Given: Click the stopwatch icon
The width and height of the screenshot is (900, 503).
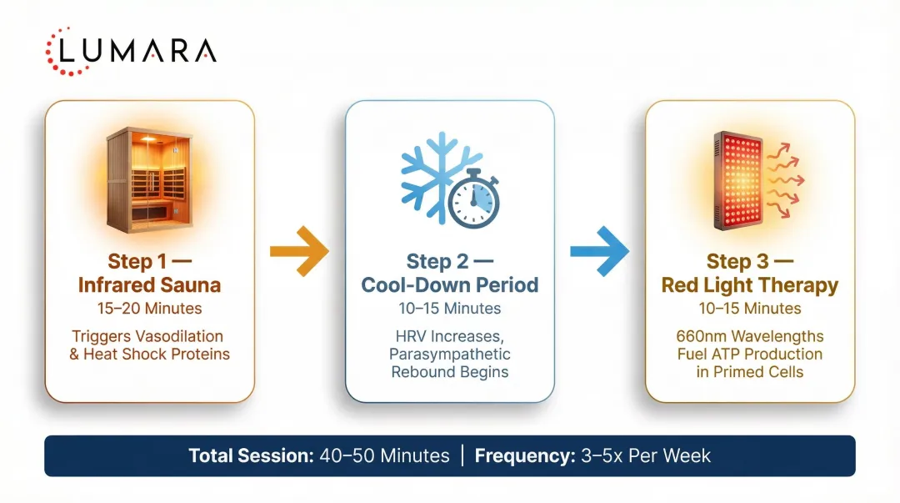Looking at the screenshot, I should point(472,199).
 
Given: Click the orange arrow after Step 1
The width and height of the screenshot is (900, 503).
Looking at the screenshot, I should point(298,250).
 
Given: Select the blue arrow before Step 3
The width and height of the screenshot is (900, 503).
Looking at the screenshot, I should point(598,250).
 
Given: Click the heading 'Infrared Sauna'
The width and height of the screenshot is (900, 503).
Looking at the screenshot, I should point(149,285).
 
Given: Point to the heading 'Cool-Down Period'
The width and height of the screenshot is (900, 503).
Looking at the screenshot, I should point(449,285).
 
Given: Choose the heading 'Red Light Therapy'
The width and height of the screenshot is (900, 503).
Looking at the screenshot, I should point(749,285).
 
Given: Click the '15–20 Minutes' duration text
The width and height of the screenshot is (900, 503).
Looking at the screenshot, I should point(149,309).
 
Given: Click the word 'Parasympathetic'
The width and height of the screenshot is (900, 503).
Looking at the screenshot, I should point(449,354).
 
